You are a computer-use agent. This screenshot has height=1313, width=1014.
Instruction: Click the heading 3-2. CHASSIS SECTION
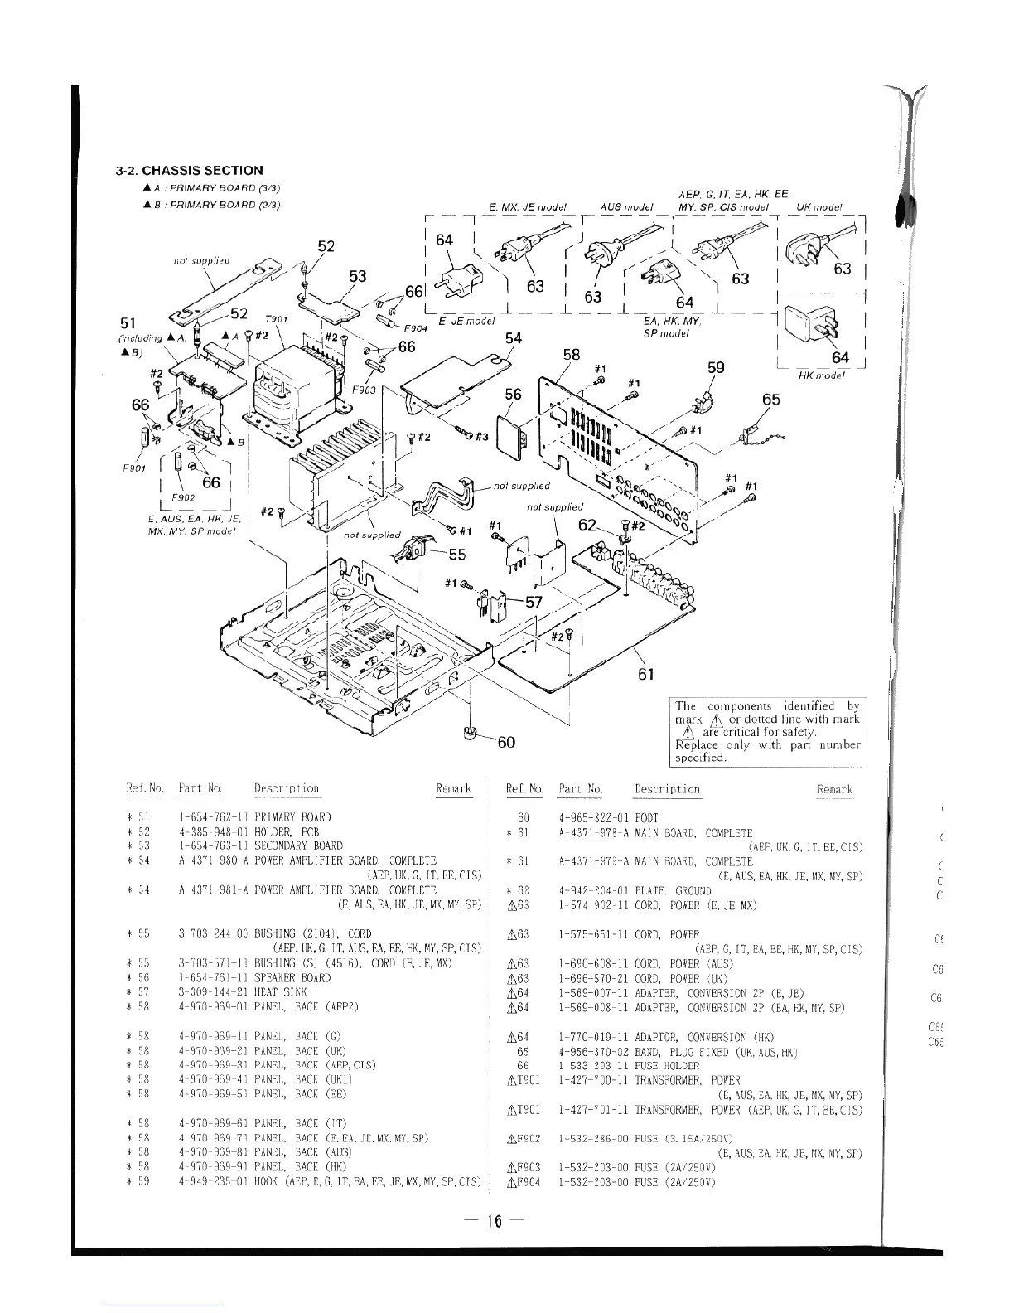(x=189, y=170)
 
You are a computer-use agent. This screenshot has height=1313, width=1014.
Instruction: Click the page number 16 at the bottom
(x=495, y=1220)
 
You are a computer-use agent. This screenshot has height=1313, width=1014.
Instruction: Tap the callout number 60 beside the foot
(x=506, y=742)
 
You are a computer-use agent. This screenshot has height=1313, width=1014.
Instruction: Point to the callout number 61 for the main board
(x=647, y=674)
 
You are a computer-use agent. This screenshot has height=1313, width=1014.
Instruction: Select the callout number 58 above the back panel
(x=572, y=355)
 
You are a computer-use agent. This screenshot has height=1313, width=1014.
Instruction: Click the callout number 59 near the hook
(x=717, y=367)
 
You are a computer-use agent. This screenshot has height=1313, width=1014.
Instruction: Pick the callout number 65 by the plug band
(x=771, y=400)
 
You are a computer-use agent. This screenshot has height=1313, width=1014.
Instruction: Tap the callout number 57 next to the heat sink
(x=532, y=603)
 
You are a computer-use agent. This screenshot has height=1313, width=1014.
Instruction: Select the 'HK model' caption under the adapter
(x=821, y=375)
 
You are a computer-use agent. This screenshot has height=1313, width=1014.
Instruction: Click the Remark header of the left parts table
(x=453, y=789)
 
